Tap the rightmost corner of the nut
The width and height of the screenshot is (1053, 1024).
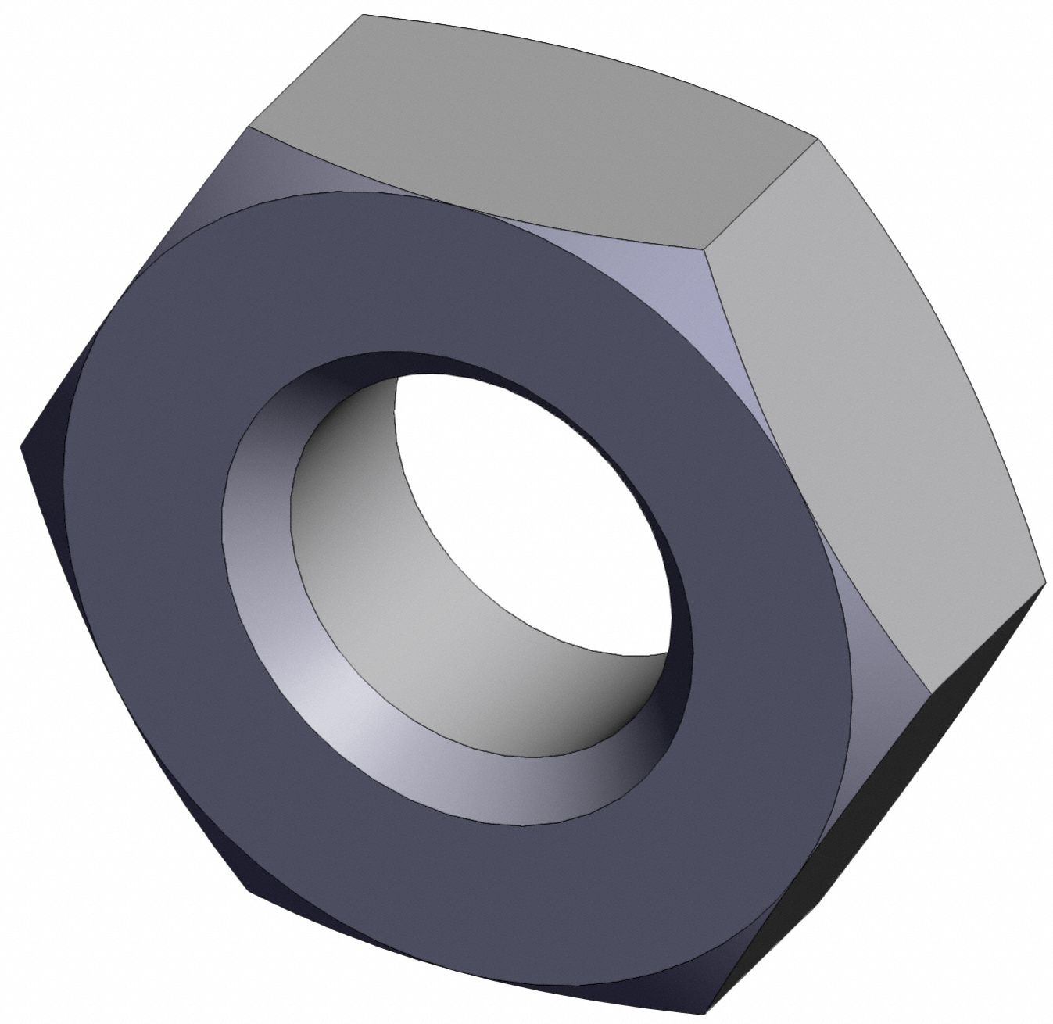coord(1044,582)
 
